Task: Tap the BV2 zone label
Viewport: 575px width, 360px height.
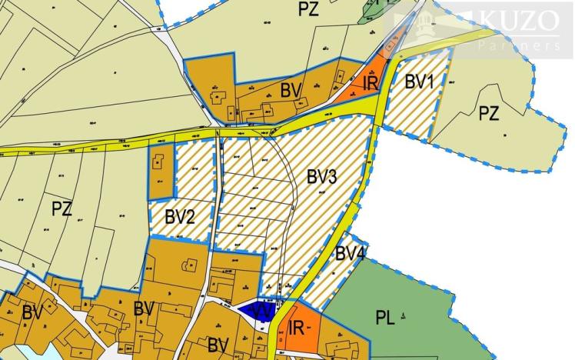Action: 180,216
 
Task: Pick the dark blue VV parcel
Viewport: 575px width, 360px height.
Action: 254,311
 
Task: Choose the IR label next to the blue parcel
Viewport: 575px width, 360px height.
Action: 297,329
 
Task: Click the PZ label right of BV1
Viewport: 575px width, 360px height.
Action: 489,115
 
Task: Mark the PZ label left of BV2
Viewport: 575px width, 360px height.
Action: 61,208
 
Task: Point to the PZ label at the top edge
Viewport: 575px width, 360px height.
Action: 309,9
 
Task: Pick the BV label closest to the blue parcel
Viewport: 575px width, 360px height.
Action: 218,344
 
